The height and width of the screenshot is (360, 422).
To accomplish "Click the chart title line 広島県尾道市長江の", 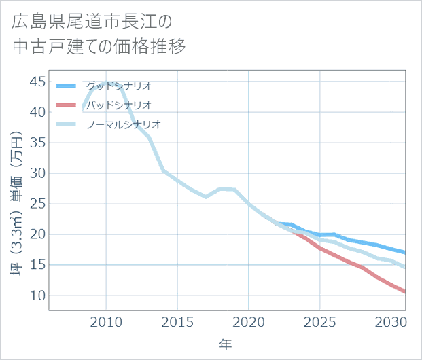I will coord(92,22).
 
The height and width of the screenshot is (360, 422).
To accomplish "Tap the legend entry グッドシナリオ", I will coord(118,86).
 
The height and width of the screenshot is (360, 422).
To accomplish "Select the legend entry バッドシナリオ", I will coord(118,105).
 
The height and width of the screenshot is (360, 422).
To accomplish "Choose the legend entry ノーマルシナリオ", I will coord(123,124).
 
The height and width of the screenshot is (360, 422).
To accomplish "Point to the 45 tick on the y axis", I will coord(37,82).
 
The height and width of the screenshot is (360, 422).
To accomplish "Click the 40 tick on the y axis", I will coord(37,112).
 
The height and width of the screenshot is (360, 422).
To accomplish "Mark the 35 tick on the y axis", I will coord(37,143).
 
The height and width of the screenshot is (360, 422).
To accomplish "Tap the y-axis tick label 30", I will coord(37,173).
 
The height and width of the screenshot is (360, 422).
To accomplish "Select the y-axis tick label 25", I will coord(37,204).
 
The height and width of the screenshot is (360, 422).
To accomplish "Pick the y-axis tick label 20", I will coord(37,234).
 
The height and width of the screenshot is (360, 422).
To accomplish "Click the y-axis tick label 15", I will coord(37,265).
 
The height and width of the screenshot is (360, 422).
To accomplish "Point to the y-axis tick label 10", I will coord(37,295).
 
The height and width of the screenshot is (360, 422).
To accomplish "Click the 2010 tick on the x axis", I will coord(105,321).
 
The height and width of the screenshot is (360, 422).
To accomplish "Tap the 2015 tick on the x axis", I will coord(177,321).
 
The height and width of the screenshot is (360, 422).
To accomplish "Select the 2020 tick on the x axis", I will coord(248,321).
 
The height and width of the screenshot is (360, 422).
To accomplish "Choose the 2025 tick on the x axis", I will coord(319,321).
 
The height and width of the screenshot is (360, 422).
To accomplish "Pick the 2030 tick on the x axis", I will coord(391,321).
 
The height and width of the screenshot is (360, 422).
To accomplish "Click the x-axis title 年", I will coord(226,345).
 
